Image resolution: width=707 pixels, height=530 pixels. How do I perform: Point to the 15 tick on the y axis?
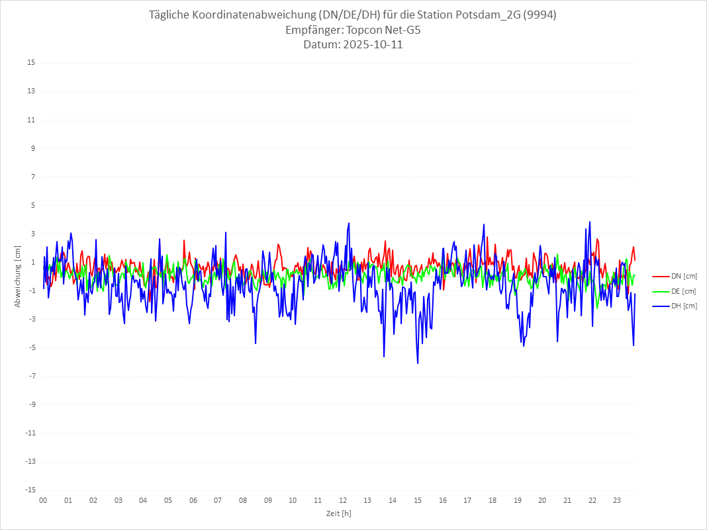coord(31,63)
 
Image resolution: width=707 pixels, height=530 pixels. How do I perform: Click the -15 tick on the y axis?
coord(30,490)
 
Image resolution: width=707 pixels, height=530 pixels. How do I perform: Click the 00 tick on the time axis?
coord(43,500)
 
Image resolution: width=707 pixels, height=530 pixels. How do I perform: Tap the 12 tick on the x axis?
coord(343,500)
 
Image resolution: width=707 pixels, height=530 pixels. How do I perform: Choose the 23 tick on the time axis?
coord(618,500)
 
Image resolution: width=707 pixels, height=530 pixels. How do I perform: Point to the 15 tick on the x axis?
coord(418,500)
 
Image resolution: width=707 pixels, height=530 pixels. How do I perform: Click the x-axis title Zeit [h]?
coord(339,513)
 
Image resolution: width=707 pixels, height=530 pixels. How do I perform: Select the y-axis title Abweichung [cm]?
coord(18,276)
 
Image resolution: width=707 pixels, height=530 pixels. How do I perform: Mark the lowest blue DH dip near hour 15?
coord(418,363)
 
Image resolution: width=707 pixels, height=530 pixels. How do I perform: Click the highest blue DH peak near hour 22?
coord(590,222)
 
